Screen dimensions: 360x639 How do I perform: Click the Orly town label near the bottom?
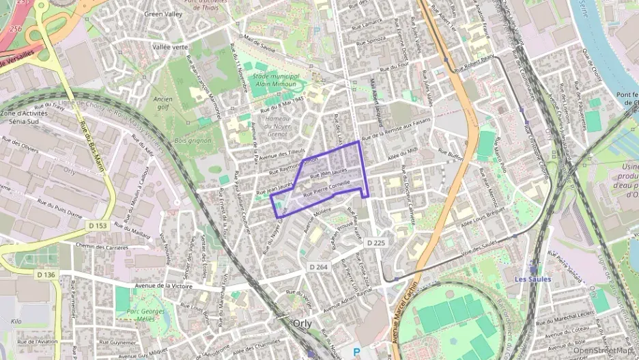(x=302, y=323)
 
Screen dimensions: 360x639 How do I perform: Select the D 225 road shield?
(x=375, y=243)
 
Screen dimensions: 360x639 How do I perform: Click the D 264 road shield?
(x=319, y=266)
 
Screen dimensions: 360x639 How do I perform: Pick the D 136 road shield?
(x=45, y=275)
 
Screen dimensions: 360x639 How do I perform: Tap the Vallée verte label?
(x=170, y=46)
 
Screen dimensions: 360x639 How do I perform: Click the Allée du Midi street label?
(x=402, y=155)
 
